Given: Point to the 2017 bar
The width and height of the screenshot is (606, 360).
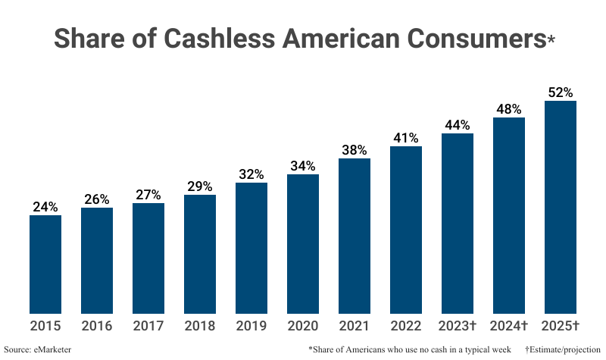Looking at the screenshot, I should coord(148,258).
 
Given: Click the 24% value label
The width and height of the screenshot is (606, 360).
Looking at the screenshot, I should coord(45,207).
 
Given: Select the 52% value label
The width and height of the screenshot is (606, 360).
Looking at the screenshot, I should coord(561,92).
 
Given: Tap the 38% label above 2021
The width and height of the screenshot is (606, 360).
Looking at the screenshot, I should coord(355,150).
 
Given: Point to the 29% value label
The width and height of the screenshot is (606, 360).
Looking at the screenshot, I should coord(200,186).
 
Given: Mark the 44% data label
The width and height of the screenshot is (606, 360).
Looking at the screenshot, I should coord(458,125).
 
